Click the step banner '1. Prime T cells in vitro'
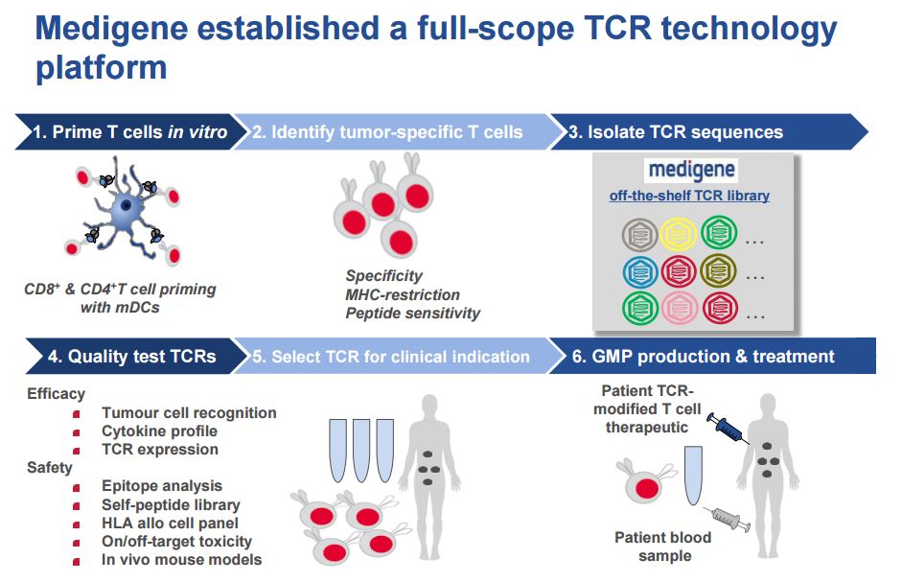(129, 132)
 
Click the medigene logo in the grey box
(690, 171)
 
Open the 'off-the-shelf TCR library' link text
(689, 196)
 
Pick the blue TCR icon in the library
(639, 271)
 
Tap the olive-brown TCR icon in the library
(719, 271)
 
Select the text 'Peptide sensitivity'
(413, 313)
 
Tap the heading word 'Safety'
(50, 468)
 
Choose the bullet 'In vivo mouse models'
(181, 559)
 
